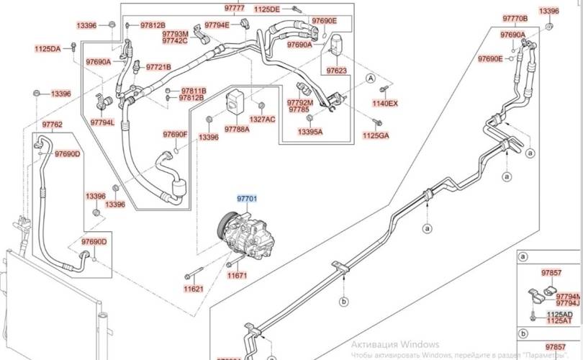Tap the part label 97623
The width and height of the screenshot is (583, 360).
point(336,71)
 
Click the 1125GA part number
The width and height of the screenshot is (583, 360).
point(375,135)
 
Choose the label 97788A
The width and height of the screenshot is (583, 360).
point(236,129)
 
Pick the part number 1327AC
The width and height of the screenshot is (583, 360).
point(263,119)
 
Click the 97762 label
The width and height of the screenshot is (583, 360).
point(52,125)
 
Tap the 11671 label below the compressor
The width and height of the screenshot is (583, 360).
point(238,275)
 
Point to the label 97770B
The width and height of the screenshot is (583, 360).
point(515,18)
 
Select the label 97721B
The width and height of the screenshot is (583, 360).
point(158,67)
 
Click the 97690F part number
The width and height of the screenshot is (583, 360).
point(175,135)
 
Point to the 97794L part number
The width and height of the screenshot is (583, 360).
point(102,122)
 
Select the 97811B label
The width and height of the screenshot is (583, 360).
point(193,91)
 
